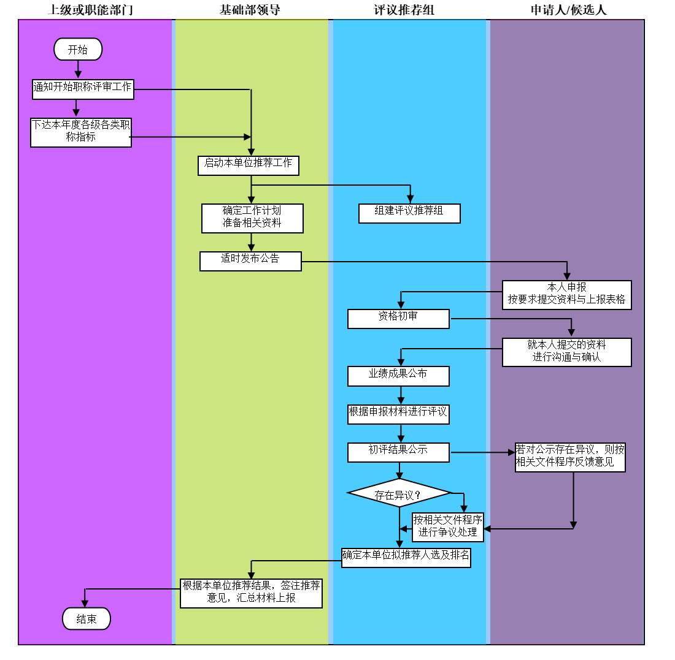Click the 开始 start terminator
pyautogui.click(x=78, y=49)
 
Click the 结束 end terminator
pyautogui.click(x=87, y=618)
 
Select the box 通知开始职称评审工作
pyautogui.click(x=83, y=89)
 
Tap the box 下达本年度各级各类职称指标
pyautogui.click(x=81, y=132)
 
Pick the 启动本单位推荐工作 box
pyautogui.click(x=249, y=166)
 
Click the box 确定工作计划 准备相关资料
pyautogui.click(x=252, y=218)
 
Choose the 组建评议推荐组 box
pyautogui.click(x=409, y=213)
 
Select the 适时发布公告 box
pyautogui.click(x=250, y=261)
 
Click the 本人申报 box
pyautogui.click(x=566, y=295)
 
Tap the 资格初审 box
pyautogui.click(x=398, y=319)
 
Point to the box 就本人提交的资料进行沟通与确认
pyautogui.click(x=566, y=352)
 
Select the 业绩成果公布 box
pyautogui.click(x=398, y=376)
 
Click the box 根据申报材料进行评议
pyautogui.click(x=398, y=414)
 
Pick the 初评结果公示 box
pyautogui.click(x=398, y=452)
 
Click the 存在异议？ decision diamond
pyautogui.click(x=399, y=493)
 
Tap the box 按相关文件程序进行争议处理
pyautogui.click(x=448, y=527)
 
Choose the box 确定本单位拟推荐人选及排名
pyautogui.click(x=406, y=558)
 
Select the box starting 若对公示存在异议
pyautogui.click(x=570, y=457)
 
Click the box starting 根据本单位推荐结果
pyautogui.click(x=251, y=593)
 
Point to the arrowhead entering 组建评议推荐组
pyautogui.click(x=411, y=199)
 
